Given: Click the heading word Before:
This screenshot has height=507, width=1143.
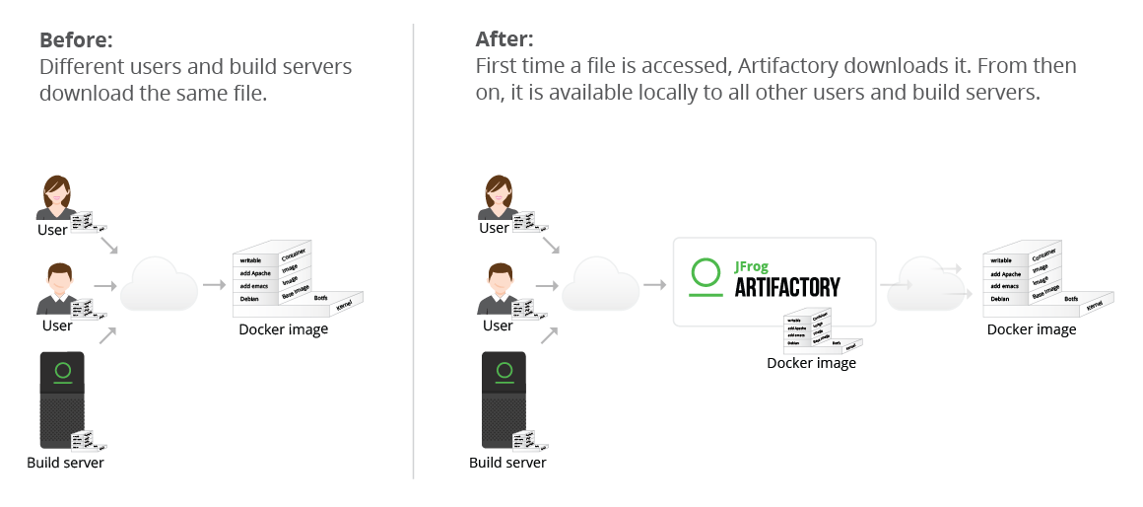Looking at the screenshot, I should point(76,40).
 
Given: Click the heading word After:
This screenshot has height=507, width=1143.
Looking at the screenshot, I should point(504,40).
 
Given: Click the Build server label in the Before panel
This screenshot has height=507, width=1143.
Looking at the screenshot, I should point(65,463).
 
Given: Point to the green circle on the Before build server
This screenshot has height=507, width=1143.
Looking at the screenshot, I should point(63,371).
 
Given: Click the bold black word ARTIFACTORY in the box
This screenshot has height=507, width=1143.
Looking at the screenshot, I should point(787,287).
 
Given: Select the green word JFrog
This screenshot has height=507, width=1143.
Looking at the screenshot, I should point(752,266).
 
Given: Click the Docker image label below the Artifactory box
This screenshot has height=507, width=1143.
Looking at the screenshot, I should point(811,363).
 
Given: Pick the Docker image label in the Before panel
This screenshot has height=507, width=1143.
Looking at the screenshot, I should point(284,329).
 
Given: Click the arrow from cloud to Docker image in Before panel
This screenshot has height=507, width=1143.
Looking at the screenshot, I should point(214,285).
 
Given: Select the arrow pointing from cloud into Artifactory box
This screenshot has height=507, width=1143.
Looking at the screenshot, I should point(654,285).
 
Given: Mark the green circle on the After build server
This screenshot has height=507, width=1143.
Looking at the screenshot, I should point(504,371).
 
